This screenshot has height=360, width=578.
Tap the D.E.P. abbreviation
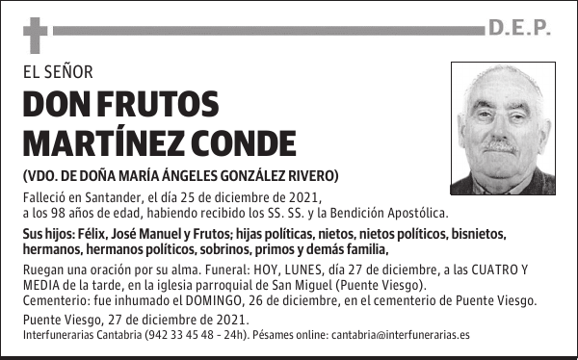coord(519,30)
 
